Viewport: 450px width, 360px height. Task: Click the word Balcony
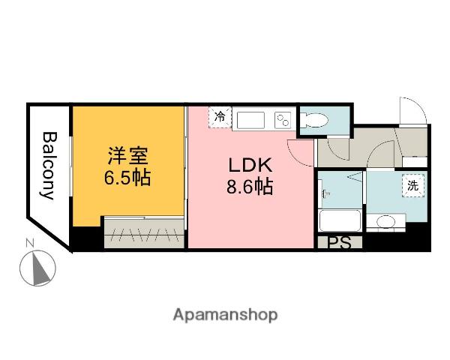[49, 166]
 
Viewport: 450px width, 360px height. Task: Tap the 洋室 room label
[127, 157]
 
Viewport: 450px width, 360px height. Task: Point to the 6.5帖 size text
[127, 179]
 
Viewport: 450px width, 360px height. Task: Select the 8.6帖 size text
[249, 187]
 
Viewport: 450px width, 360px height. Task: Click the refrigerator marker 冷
[220, 117]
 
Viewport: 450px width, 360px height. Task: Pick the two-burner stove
[283, 120]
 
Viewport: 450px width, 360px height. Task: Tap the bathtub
[341, 221]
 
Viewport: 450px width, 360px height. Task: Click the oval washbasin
[387, 221]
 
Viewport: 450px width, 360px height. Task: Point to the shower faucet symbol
[325, 193]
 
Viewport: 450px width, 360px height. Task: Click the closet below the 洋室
[143, 232]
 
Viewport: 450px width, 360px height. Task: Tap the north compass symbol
[37, 267]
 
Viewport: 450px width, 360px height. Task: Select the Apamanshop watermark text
[224, 315]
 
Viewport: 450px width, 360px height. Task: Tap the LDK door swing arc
[298, 153]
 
